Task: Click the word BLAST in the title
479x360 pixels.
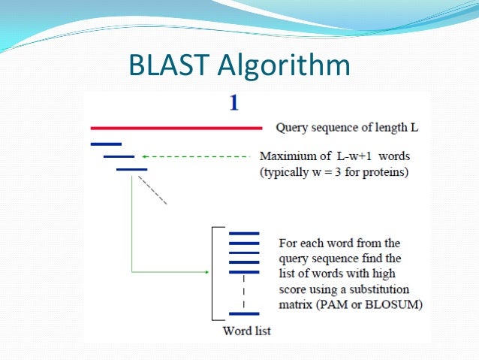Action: click(x=170, y=66)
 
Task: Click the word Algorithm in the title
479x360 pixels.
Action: click(x=284, y=68)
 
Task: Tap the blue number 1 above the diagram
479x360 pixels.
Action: click(x=233, y=103)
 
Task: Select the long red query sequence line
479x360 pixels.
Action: click(x=176, y=128)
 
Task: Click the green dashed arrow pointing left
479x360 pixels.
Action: click(x=195, y=156)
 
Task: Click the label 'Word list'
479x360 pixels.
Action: click(x=247, y=331)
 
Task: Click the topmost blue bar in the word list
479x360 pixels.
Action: click(x=243, y=234)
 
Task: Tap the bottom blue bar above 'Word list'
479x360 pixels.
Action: click(x=243, y=313)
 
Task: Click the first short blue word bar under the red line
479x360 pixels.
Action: click(x=105, y=143)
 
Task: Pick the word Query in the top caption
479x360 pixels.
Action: click(x=292, y=128)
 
